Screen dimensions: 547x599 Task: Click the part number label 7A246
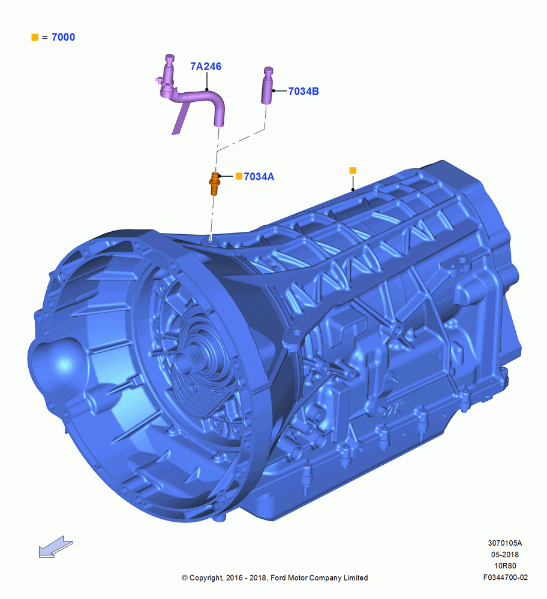click(x=206, y=66)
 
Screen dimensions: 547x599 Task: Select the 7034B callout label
click(x=303, y=91)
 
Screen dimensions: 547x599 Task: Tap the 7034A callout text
click(x=259, y=177)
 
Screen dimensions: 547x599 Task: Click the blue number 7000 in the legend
click(x=64, y=37)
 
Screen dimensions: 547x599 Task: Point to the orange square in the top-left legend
click(x=35, y=37)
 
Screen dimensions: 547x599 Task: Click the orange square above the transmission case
click(x=353, y=170)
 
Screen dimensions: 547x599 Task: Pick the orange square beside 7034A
click(x=239, y=176)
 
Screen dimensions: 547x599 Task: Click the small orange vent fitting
click(x=215, y=183)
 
